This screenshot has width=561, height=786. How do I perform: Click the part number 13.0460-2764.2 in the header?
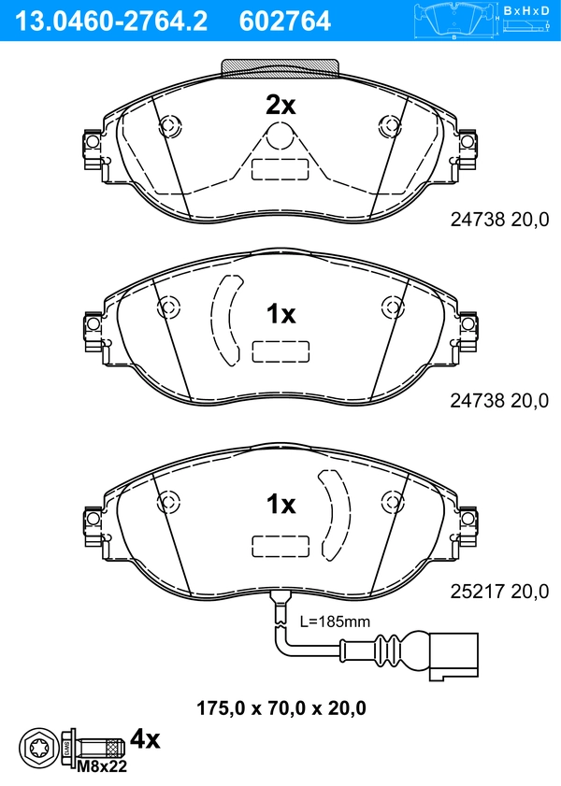coord(110,21)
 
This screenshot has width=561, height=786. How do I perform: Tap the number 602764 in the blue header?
coord(285,21)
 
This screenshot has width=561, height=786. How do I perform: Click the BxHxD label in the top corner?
coord(526,10)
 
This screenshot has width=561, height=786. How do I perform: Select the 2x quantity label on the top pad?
coord(280,106)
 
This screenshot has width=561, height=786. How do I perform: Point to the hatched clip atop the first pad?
coord(280,68)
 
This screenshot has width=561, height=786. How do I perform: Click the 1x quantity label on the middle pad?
coord(280,314)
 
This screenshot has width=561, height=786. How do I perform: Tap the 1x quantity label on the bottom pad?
coord(280,504)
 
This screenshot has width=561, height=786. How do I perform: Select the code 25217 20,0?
coord(499,592)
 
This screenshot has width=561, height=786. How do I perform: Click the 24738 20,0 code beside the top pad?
coord(499,219)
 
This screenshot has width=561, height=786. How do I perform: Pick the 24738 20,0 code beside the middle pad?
coord(499,400)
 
